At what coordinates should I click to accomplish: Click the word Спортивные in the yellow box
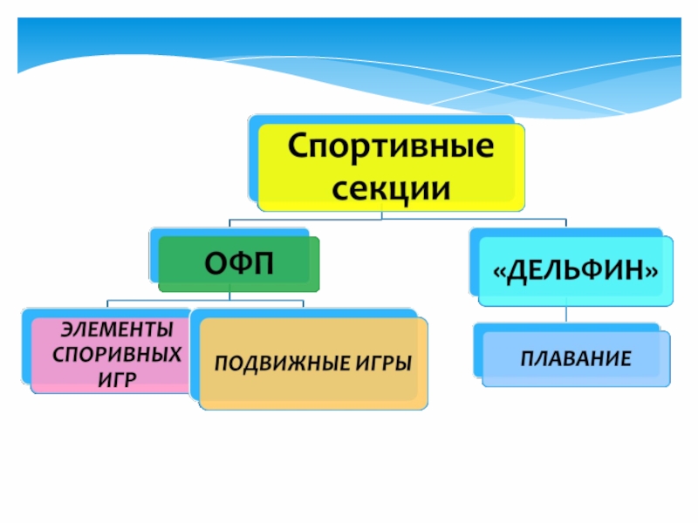pos(391,145)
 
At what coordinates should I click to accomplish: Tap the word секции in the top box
pos(391,187)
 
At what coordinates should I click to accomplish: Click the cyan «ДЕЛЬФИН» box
pos(576,271)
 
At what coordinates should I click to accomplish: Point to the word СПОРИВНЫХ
pos(119,354)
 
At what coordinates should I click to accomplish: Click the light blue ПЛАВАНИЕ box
pos(576,358)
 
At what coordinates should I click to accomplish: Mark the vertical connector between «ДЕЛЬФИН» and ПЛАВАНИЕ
pos(566,314)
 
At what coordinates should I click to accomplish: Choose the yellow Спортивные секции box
pos(391,166)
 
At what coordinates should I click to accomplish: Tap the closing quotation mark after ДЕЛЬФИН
pos(651,271)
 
